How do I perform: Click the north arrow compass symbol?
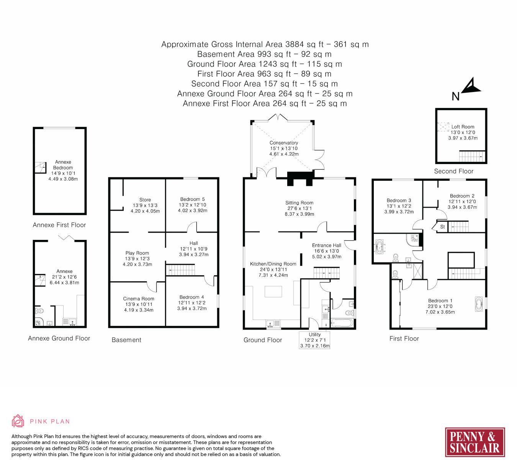coord(471,86)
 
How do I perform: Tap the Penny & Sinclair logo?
coord(475,442)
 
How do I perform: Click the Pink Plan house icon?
coord(18,421)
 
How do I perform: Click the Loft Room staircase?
coord(472,156)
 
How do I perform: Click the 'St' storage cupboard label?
coord(442,227)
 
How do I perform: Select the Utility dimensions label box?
coord(314,340)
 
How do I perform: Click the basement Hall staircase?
coord(180,270)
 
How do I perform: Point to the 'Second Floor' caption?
coord(453,171)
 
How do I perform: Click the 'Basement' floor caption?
coord(126,340)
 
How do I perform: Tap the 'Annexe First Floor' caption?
coord(59,225)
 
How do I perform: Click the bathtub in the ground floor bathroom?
coord(341,323)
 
